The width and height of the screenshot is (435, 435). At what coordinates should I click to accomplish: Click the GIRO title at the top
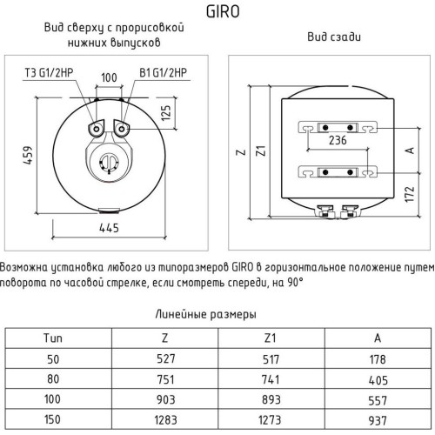pos(223,12)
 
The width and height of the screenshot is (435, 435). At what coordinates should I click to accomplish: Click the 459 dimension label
pos(28,156)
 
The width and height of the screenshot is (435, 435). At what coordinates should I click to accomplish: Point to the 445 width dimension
pos(109,228)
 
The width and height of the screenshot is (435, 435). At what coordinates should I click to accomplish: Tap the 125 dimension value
pos(166,113)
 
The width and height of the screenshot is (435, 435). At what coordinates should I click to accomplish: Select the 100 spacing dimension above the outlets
pos(109,77)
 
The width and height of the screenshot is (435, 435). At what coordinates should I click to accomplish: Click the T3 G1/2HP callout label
pos(49,72)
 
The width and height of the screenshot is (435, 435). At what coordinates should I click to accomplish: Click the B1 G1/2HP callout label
pos(164,72)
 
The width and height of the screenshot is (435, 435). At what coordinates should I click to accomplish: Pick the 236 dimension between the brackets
pos(338,140)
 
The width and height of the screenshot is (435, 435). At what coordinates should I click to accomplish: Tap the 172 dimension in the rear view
pos(409,194)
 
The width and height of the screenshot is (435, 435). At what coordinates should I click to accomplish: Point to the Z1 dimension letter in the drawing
pos(261,151)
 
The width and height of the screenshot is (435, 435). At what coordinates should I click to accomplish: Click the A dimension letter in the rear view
pos(410,151)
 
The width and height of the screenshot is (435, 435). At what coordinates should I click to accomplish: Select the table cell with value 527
pos(166,358)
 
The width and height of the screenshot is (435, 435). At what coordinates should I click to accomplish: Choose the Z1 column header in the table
pos(270,338)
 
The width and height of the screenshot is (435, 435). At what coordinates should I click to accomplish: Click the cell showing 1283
pos(165,420)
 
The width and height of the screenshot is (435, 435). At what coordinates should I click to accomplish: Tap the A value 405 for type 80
pos(378,380)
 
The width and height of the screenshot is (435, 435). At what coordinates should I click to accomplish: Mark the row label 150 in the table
pos(52,419)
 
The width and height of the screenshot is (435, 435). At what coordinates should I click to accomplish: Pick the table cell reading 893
pos(271,400)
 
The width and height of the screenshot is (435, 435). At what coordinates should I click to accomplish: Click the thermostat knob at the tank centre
pos(109,163)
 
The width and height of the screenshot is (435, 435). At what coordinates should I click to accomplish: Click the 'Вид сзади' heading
pos(334,37)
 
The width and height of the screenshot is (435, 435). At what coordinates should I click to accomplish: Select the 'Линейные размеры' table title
pos(205,314)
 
